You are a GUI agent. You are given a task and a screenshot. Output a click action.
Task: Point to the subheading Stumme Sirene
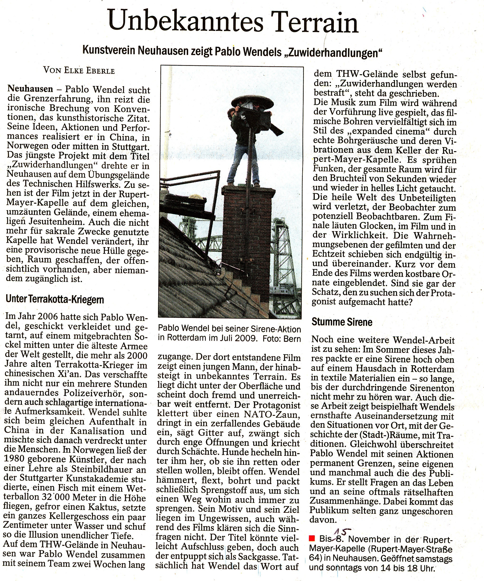(342, 322)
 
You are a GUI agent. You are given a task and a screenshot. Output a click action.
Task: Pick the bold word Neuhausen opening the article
(30, 89)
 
